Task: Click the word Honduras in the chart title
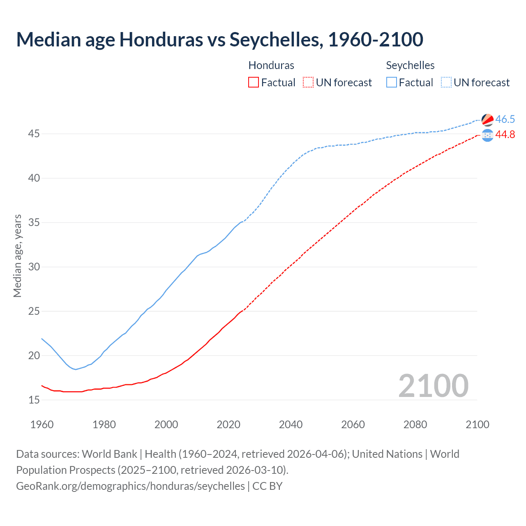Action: (x=161, y=39)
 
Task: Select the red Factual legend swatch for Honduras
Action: (x=254, y=82)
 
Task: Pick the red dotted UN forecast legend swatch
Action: (x=308, y=82)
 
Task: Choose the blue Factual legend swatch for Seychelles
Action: (x=391, y=82)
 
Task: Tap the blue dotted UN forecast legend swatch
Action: (x=446, y=82)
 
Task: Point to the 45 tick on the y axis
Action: (x=34, y=134)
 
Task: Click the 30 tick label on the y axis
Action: (x=34, y=267)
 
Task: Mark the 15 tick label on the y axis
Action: (x=34, y=400)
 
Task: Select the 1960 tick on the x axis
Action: (x=42, y=424)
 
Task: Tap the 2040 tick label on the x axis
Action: (x=291, y=424)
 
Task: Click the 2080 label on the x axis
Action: (x=415, y=424)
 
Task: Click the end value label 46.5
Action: (x=505, y=119)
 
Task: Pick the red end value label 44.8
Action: (x=505, y=134)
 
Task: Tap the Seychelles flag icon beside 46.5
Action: (x=487, y=120)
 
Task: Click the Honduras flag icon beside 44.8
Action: (x=487, y=135)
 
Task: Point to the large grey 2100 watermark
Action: (x=433, y=385)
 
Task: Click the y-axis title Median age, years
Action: (x=17, y=256)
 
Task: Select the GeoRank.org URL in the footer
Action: (x=130, y=486)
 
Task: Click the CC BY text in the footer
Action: (x=268, y=486)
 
